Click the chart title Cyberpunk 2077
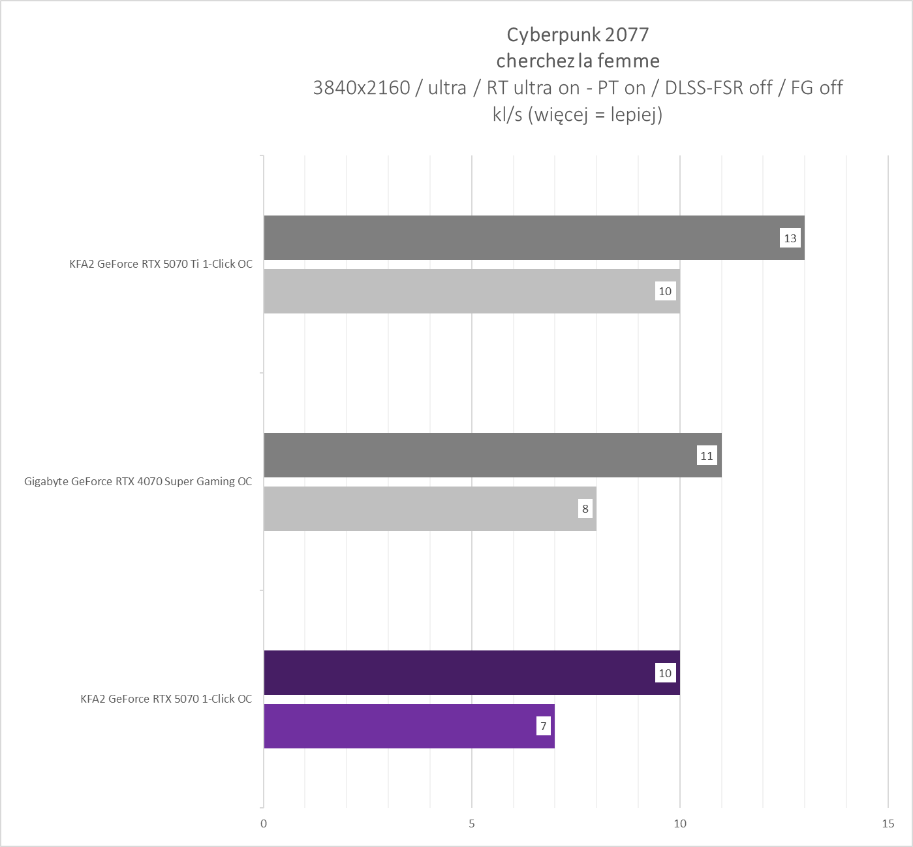[578, 34]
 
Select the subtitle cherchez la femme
[578, 61]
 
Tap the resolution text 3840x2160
[362, 88]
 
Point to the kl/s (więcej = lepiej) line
[578, 114]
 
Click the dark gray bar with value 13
[522, 238]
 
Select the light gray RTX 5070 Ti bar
[457, 291]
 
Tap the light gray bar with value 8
[418, 509]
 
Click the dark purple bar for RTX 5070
[457, 673]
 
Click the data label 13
[790, 238]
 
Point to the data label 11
[707, 456]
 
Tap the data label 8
[585, 509]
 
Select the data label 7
[543, 726]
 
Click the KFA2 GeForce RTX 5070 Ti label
[161, 264]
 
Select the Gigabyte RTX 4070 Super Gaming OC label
[138, 482]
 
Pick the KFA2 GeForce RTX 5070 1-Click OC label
[166, 699]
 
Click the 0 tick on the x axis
[264, 823]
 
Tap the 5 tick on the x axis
[472, 823]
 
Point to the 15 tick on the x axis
[888, 823]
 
